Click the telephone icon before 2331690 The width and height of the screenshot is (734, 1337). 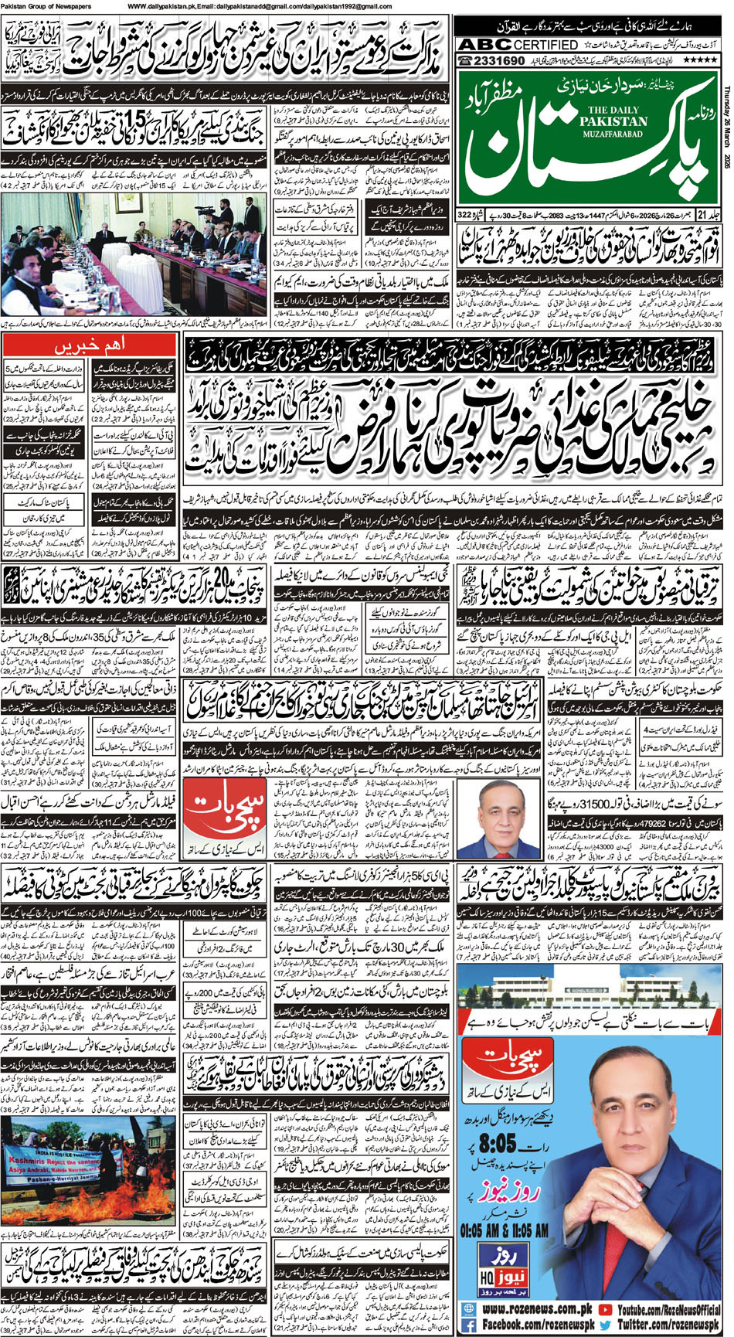[468, 61]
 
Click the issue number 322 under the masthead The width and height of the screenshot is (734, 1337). [466, 235]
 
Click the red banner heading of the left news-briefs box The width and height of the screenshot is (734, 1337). [91, 342]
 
